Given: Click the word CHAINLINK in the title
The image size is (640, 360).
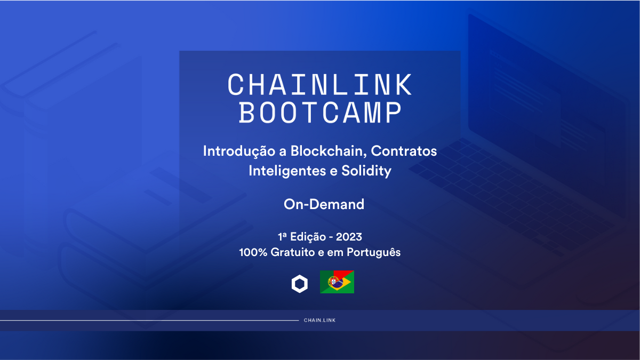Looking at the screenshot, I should point(320,84).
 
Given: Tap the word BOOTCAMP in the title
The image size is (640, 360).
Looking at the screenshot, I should point(320,113).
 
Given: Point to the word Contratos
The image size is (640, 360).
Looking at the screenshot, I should point(404,151).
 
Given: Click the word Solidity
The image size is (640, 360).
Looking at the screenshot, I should point(368,171).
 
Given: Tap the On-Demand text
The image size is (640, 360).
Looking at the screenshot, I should point(324,204).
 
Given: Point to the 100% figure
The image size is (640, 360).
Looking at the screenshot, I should point(253,252).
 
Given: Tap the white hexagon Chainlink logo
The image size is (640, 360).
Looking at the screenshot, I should point(300,284).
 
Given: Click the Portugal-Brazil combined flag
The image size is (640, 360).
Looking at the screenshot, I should point(337,282).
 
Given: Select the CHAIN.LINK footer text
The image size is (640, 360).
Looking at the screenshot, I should point(319,321).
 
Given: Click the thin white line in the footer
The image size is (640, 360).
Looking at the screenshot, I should point(149,321).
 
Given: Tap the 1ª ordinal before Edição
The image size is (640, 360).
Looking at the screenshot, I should point(283,236).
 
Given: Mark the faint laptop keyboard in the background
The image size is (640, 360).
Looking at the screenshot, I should point(512,187).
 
